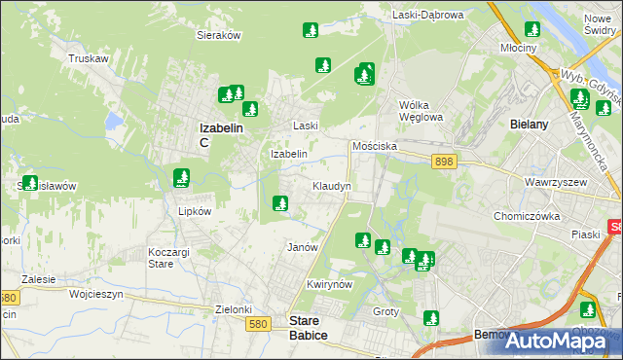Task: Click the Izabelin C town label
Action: click(220, 134)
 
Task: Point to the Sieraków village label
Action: click(219, 33)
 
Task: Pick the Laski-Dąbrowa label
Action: click(429, 15)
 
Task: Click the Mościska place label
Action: click(374, 145)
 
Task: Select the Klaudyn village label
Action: click(332, 185)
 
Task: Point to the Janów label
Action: click(303, 247)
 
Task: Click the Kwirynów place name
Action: click(327, 284)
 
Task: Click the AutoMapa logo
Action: click(556, 341)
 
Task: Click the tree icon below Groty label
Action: click(431, 316)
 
